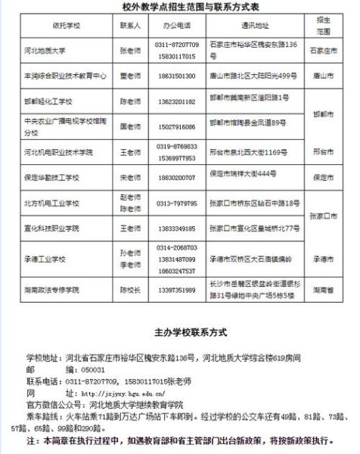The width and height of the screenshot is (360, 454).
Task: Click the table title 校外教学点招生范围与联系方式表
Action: click(180, 8)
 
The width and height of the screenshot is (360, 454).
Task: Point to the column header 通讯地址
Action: click(244, 24)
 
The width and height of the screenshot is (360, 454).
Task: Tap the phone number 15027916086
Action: click(155, 124)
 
